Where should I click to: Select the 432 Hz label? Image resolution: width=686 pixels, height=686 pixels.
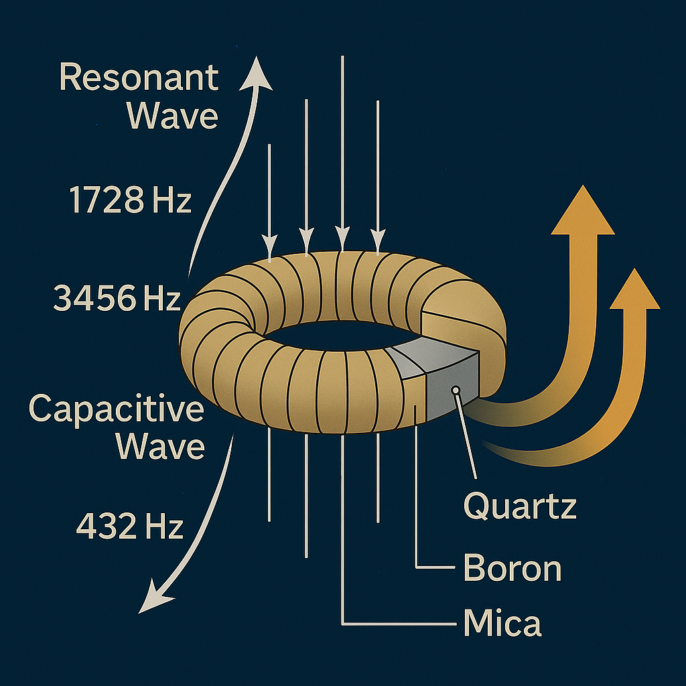click(x=129, y=527)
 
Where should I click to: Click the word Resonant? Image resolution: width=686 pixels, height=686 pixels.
click(x=139, y=78)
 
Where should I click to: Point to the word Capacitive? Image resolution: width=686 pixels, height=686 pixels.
click(x=116, y=408)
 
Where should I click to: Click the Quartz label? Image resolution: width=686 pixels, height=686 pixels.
click(x=520, y=506)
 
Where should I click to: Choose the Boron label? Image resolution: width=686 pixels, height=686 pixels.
click(x=512, y=569)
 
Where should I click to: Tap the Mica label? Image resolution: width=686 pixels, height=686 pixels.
click(x=502, y=622)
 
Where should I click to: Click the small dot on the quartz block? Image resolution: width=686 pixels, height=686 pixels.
click(x=456, y=389)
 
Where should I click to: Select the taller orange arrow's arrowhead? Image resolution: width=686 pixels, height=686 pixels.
click(x=582, y=211)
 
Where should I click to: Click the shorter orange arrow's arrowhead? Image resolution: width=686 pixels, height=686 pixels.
click(x=634, y=289)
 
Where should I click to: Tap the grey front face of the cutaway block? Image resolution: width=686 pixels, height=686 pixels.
click(x=452, y=393)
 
